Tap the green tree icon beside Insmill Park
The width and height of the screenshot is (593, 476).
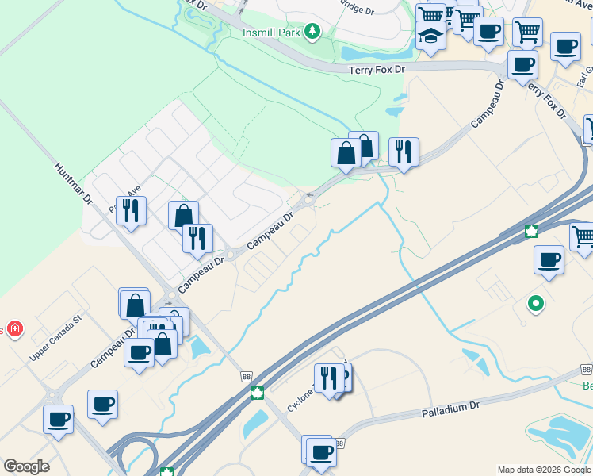click(x=314, y=31)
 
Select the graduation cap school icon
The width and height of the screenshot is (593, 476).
click(x=430, y=36)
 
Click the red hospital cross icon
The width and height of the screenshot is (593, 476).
click(x=14, y=329)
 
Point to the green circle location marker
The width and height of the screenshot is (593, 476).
click(x=536, y=303)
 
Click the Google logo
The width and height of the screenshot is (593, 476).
click(x=26, y=466)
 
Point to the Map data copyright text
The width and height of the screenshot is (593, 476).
click(x=543, y=470)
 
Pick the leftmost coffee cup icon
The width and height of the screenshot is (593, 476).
click(x=59, y=417)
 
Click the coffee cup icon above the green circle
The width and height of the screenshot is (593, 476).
click(x=549, y=259)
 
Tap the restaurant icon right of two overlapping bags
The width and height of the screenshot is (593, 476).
click(x=404, y=150)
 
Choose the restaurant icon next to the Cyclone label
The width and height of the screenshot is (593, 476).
click(x=328, y=377)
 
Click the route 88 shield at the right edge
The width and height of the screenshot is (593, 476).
click(x=586, y=370)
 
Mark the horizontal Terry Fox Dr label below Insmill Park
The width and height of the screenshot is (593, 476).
click(x=377, y=70)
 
